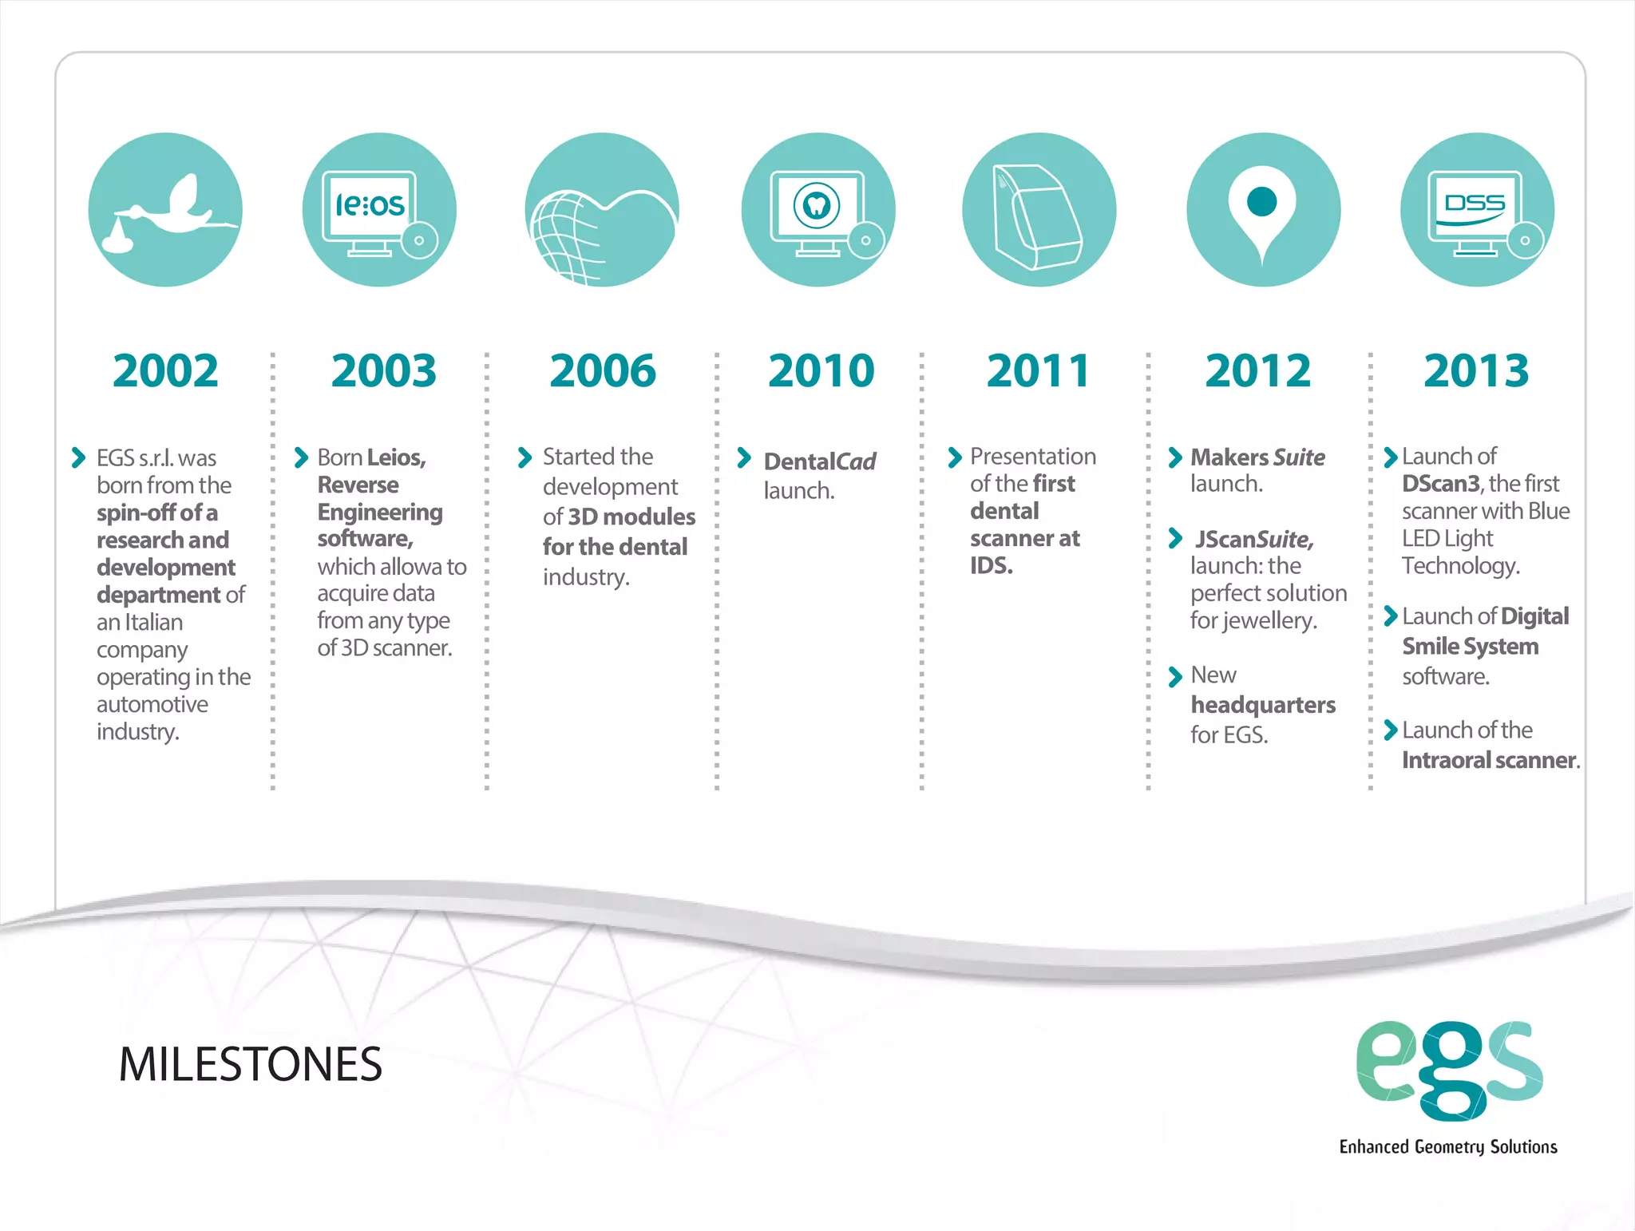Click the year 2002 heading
165,371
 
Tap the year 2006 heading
603,371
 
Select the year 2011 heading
1039,371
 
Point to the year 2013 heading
1476,371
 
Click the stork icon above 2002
165,210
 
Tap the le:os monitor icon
379,210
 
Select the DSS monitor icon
1477,210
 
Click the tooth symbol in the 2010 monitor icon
816,206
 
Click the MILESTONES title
251,1064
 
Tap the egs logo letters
1449,1070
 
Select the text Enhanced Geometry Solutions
1447,1147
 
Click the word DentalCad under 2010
820,461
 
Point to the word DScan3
1440,484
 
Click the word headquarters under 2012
1262,705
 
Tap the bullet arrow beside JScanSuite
1174,539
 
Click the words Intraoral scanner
1490,760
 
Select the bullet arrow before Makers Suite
1174,457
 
